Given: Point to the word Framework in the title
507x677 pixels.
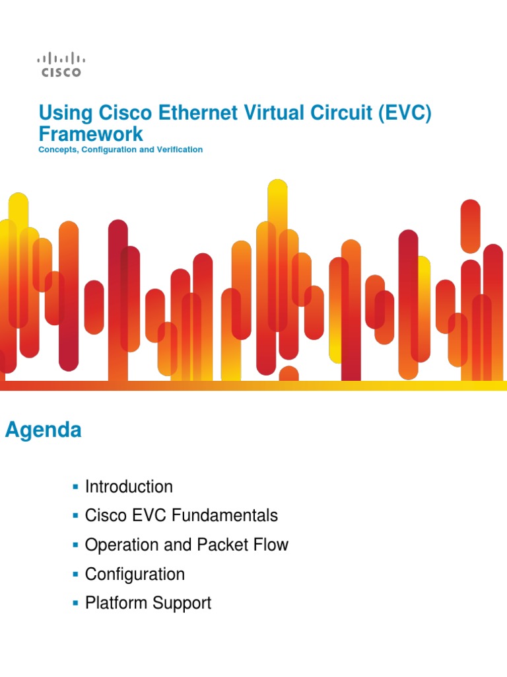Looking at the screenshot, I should click(90, 134).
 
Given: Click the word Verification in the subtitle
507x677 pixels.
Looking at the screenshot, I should click(180, 150).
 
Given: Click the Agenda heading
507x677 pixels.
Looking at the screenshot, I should click(44, 430).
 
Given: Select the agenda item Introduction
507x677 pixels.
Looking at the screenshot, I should click(129, 487).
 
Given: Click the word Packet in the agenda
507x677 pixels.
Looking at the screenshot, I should click(223, 545).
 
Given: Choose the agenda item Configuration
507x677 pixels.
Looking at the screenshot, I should click(135, 574).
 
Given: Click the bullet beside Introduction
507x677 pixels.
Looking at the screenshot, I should click(75, 487).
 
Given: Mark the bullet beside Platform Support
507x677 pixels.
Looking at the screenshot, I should click(75, 604).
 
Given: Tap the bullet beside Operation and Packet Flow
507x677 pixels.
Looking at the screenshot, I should click(75, 545).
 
